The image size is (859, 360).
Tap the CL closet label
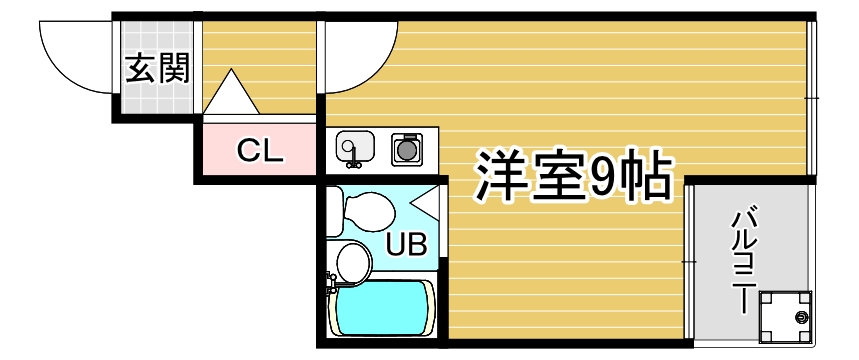coord(260,151)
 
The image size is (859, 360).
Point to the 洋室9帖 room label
coord(571,177)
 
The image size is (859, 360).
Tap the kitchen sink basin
coord(354,147)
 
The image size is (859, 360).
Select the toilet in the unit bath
coord(364,211)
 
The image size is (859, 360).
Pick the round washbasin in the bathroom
coord(353,262)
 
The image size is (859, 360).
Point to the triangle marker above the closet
coord(232,92)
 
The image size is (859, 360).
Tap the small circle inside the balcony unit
coord(800,318)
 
